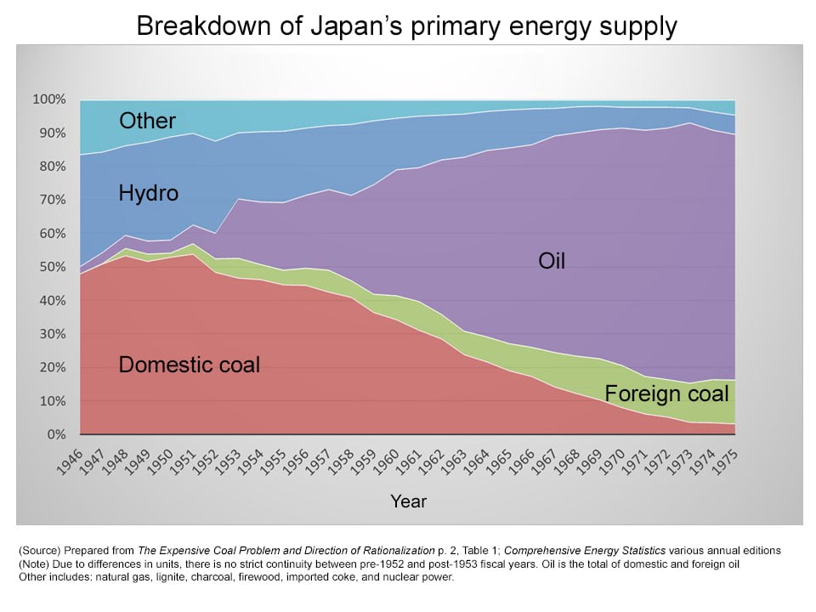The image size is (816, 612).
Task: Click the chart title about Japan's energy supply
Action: coord(407,26)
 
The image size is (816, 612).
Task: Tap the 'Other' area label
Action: coord(147,121)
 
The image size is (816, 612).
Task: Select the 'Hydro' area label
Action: coord(149,194)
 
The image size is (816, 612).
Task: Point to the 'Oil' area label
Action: coord(552,261)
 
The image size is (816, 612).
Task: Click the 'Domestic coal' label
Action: coord(190,365)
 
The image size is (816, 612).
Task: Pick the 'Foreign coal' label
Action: coord(666,394)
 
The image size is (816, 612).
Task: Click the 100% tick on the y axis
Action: coord(48,99)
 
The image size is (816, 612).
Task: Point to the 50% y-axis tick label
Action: coord(51,267)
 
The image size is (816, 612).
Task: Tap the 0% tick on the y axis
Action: coord(54,434)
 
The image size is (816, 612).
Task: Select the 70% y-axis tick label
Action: coord(51,200)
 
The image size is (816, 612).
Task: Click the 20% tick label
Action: coord(51,367)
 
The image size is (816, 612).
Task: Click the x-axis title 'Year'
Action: coord(408,501)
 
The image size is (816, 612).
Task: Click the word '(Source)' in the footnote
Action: coord(38,551)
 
